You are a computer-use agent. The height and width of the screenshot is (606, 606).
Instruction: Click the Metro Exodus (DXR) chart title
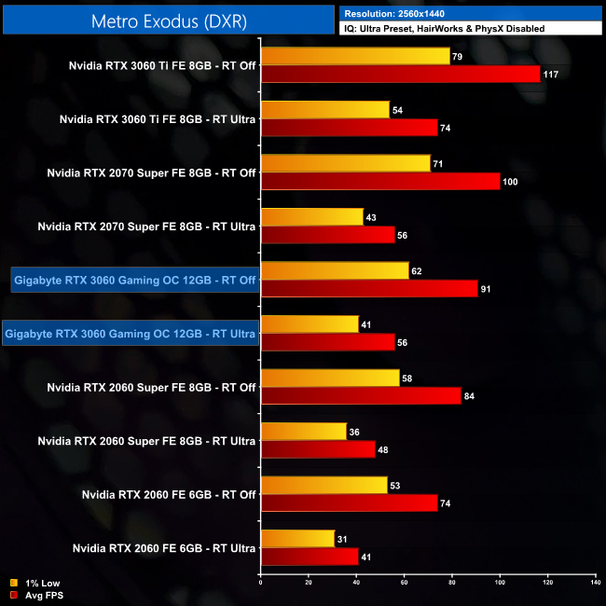pyautogui.click(x=170, y=21)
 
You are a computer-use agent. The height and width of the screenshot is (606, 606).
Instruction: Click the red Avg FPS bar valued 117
pyautogui.click(x=400, y=74)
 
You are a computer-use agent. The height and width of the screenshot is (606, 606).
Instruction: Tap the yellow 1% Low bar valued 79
pyautogui.click(x=355, y=56)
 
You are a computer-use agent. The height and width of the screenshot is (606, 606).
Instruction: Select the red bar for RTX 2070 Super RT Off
pyautogui.click(x=380, y=181)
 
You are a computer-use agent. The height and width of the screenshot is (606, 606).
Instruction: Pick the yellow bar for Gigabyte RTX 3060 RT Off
pyautogui.click(x=335, y=270)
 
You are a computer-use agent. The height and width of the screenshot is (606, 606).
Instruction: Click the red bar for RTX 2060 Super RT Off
pyautogui.click(x=361, y=395)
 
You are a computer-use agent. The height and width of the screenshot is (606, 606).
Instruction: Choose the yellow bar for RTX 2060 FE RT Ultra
pyautogui.click(x=297, y=538)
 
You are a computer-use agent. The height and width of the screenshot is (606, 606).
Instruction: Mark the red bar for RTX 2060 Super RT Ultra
pyautogui.click(x=318, y=448)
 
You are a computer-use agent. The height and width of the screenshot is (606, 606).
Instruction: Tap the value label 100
pyautogui.click(x=510, y=182)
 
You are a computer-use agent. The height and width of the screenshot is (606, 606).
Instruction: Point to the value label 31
pyautogui.click(x=344, y=538)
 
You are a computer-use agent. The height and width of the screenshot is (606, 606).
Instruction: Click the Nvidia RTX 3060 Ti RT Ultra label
pyautogui.click(x=158, y=119)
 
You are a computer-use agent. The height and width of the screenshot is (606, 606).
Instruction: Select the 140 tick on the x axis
pyautogui.click(x=595, y=584)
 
